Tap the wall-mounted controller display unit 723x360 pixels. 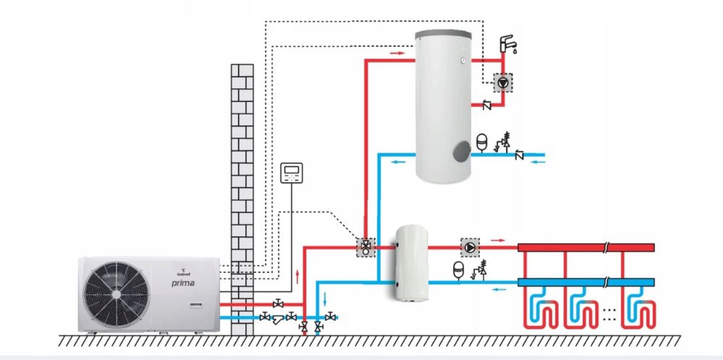[292, 172]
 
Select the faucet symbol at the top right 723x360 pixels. [509, 44]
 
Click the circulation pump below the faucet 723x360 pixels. [502, 82]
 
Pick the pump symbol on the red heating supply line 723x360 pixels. [471, 247]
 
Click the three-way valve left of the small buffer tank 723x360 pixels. [367, 247]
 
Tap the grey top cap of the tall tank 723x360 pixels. [442, 33]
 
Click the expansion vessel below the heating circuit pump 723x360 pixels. [458, 269]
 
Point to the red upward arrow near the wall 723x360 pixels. [296, 275]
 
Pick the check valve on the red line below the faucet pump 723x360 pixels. [487, 106]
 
